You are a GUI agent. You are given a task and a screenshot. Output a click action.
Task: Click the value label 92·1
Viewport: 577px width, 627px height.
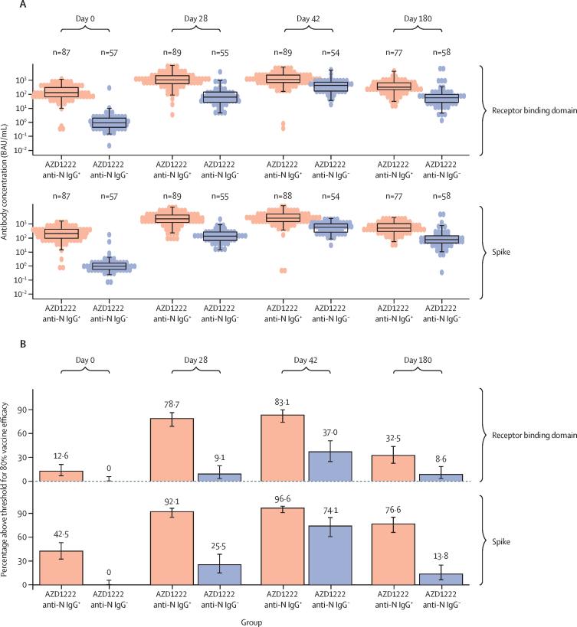[x=172, y=503]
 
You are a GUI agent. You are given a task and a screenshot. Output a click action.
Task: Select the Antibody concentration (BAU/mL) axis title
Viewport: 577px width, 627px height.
[x=6, y=178]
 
